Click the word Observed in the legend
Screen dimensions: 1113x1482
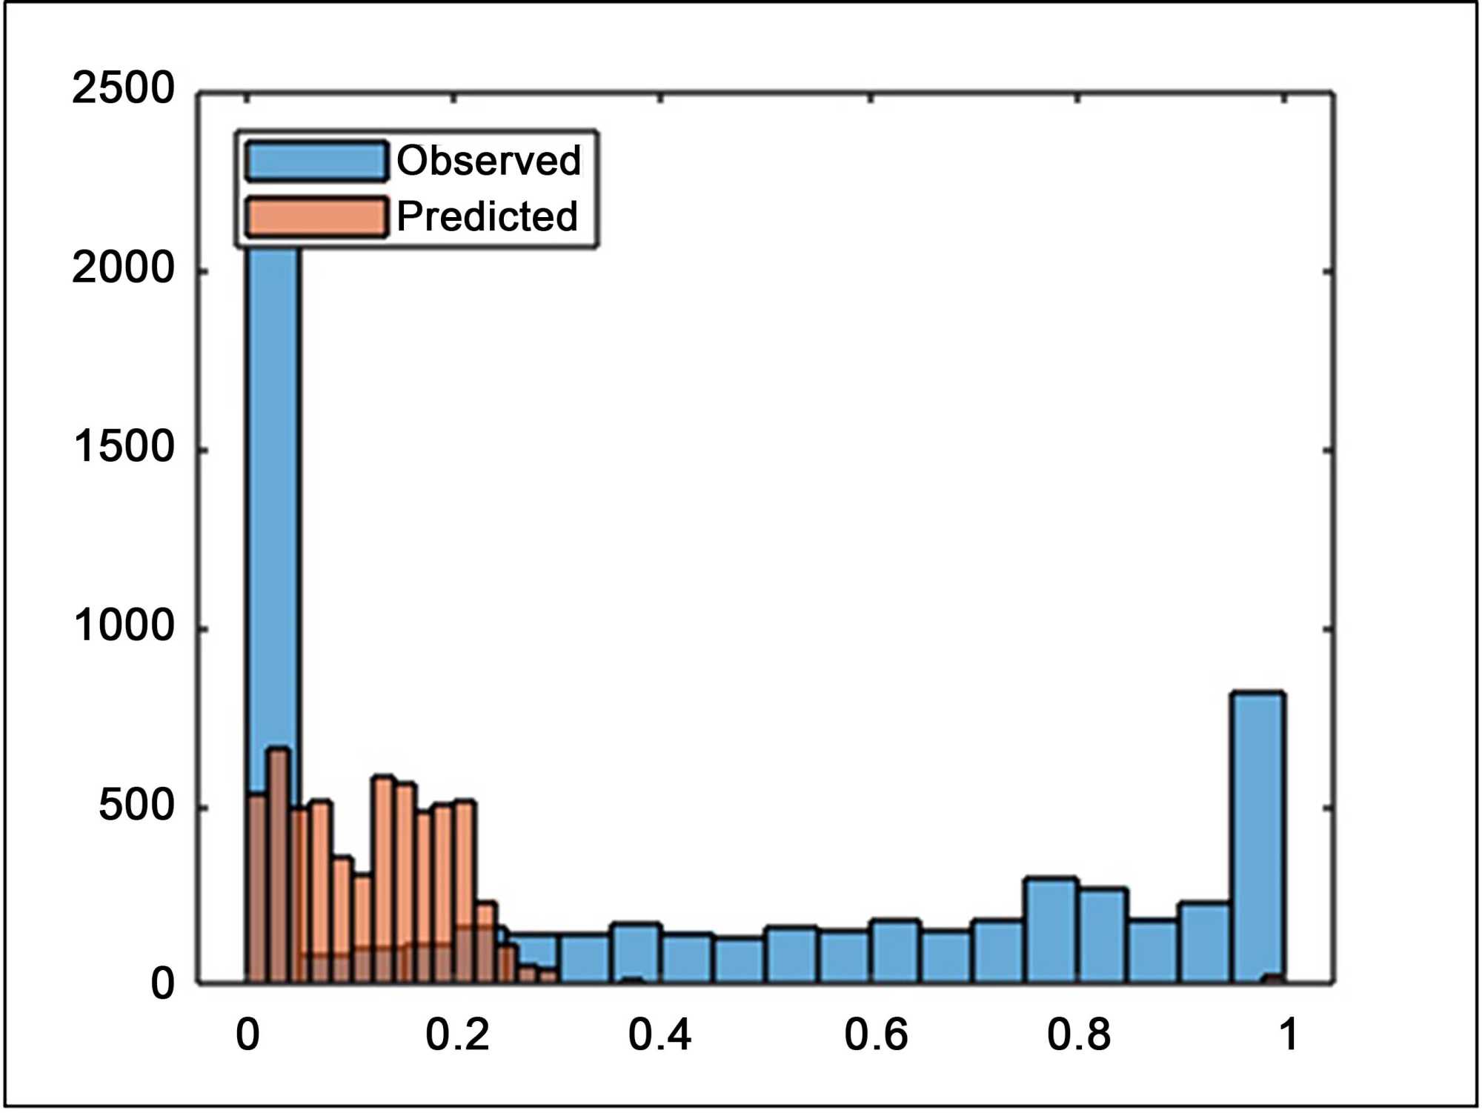pos(488,160)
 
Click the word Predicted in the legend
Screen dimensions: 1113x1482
pos(487,216)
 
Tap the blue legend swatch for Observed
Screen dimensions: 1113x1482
pos(316,161)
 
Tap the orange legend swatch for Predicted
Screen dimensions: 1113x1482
pos(316,217)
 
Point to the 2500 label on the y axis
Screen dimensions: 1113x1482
pos(123,88)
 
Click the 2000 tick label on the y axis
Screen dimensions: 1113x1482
pos(123,268)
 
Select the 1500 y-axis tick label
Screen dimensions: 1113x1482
pos(123,447)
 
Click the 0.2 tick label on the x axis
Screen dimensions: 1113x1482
pos(456,1034)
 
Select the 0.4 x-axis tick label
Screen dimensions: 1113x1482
pos(659,1034)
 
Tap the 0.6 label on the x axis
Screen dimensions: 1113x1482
pos(876,1034)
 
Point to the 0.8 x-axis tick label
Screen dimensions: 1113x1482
pos(1079,1034)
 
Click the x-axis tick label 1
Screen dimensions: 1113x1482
pos(1289,1034)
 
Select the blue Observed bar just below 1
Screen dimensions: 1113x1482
pos(1257,830)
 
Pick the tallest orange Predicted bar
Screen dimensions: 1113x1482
pos(278,852)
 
